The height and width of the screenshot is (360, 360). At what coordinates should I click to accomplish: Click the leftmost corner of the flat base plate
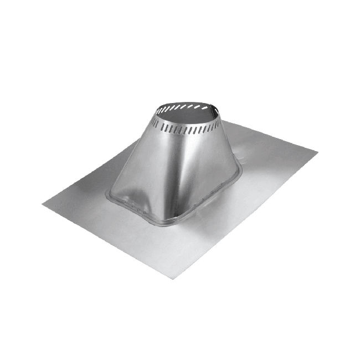coord(43,204)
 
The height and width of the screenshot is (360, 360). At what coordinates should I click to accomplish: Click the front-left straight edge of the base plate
coord(111,241)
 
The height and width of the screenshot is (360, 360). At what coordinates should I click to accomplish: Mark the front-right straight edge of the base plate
coord(249,213)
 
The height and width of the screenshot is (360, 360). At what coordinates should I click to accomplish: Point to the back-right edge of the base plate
coord(271,133)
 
